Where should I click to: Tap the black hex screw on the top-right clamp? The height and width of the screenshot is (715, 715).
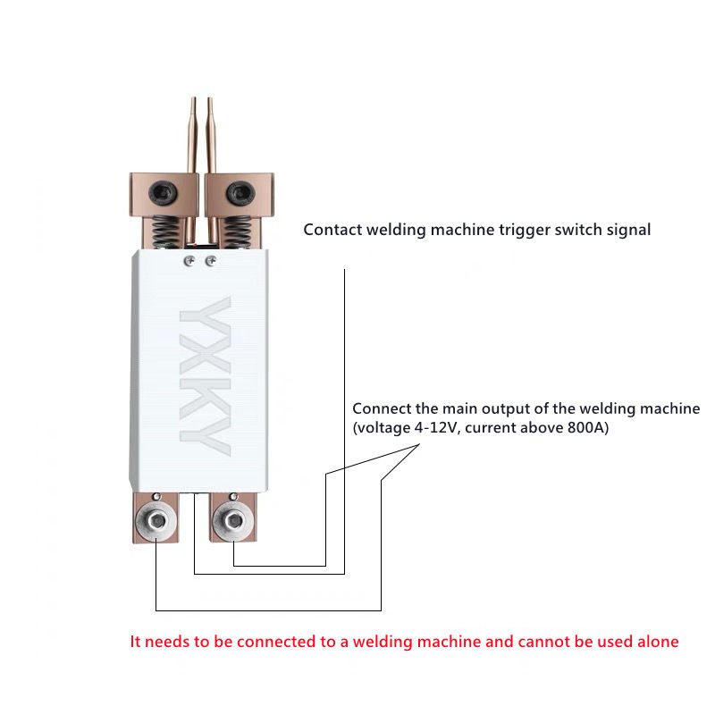(237, 191)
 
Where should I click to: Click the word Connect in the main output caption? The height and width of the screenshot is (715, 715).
(382, 408)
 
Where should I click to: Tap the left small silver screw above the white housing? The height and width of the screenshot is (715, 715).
(190, 261)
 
